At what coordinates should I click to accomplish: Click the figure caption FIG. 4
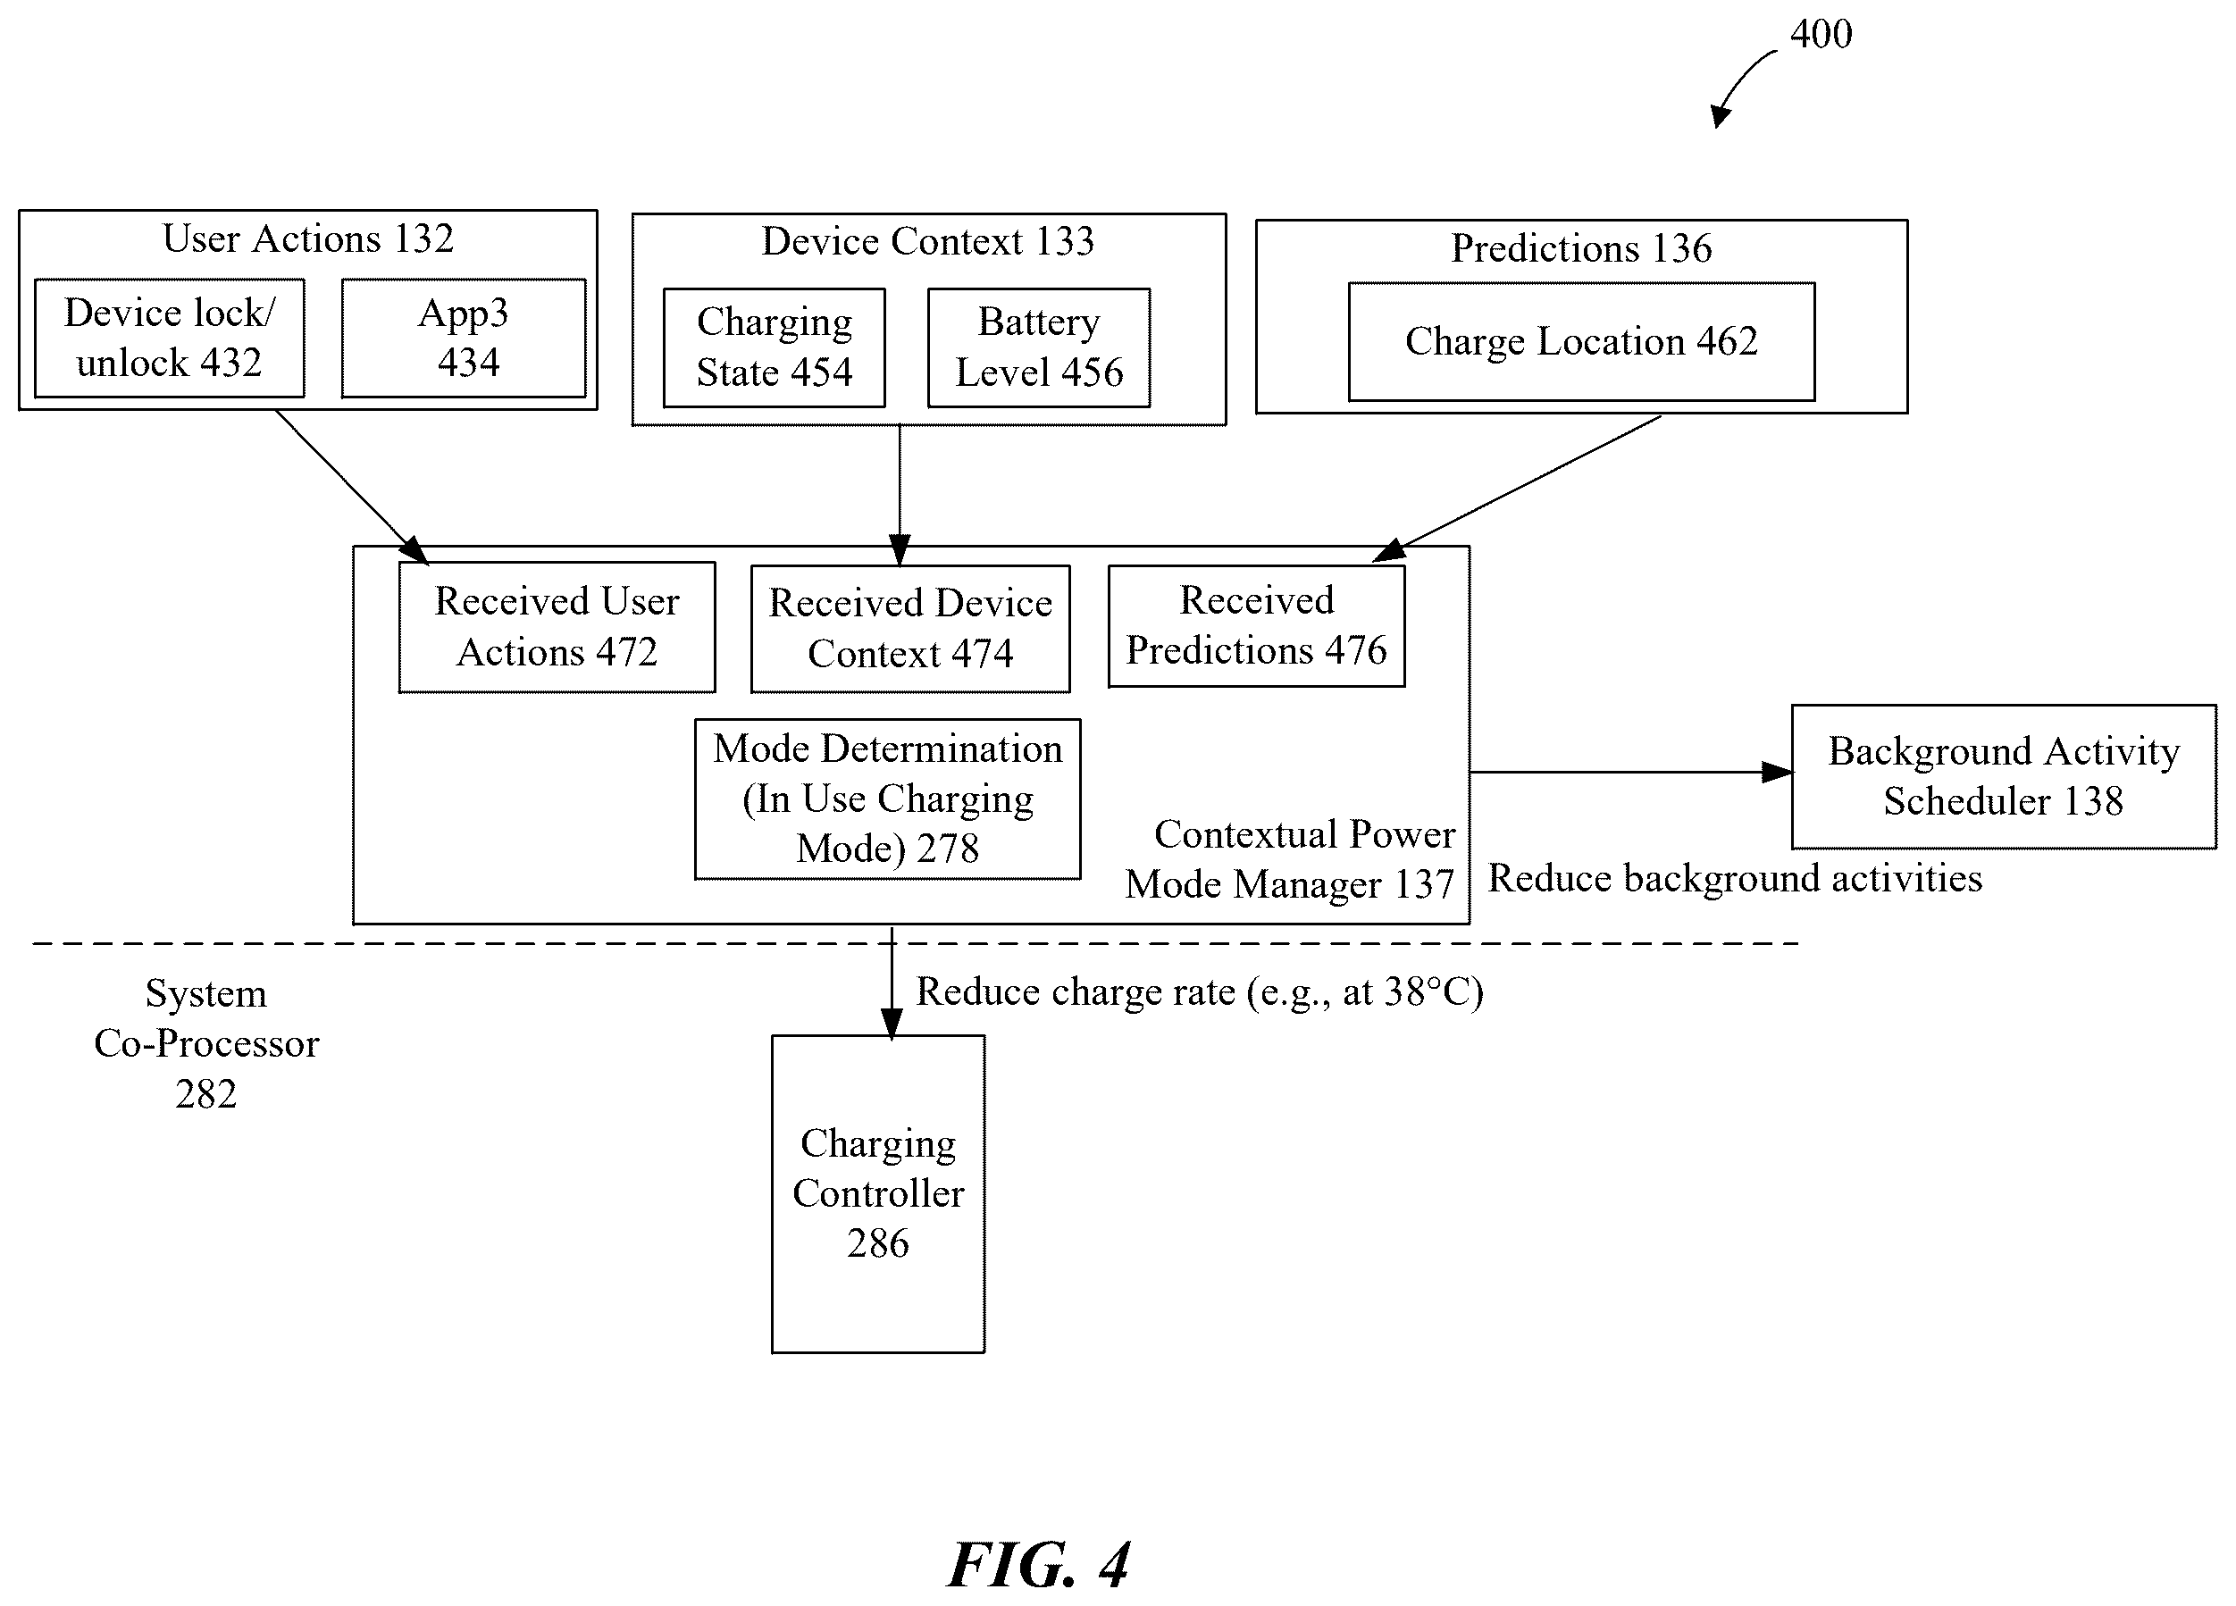click(x=1038, y=1565)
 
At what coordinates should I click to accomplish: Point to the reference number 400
click(x=1821, y=34)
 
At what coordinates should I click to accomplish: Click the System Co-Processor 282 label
click(x=206, y=1043)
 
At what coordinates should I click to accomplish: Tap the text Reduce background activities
click(x=1734, y=877)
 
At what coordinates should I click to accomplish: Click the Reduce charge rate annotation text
click(x=1199, y=991)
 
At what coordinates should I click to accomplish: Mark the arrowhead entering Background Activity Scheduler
click(x=1778, y=772)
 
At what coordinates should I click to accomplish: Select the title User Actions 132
click(x=307, y=238)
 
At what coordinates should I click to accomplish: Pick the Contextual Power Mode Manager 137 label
click(x=1290, y=858)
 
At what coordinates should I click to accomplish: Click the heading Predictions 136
click(x=1581, y=247)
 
